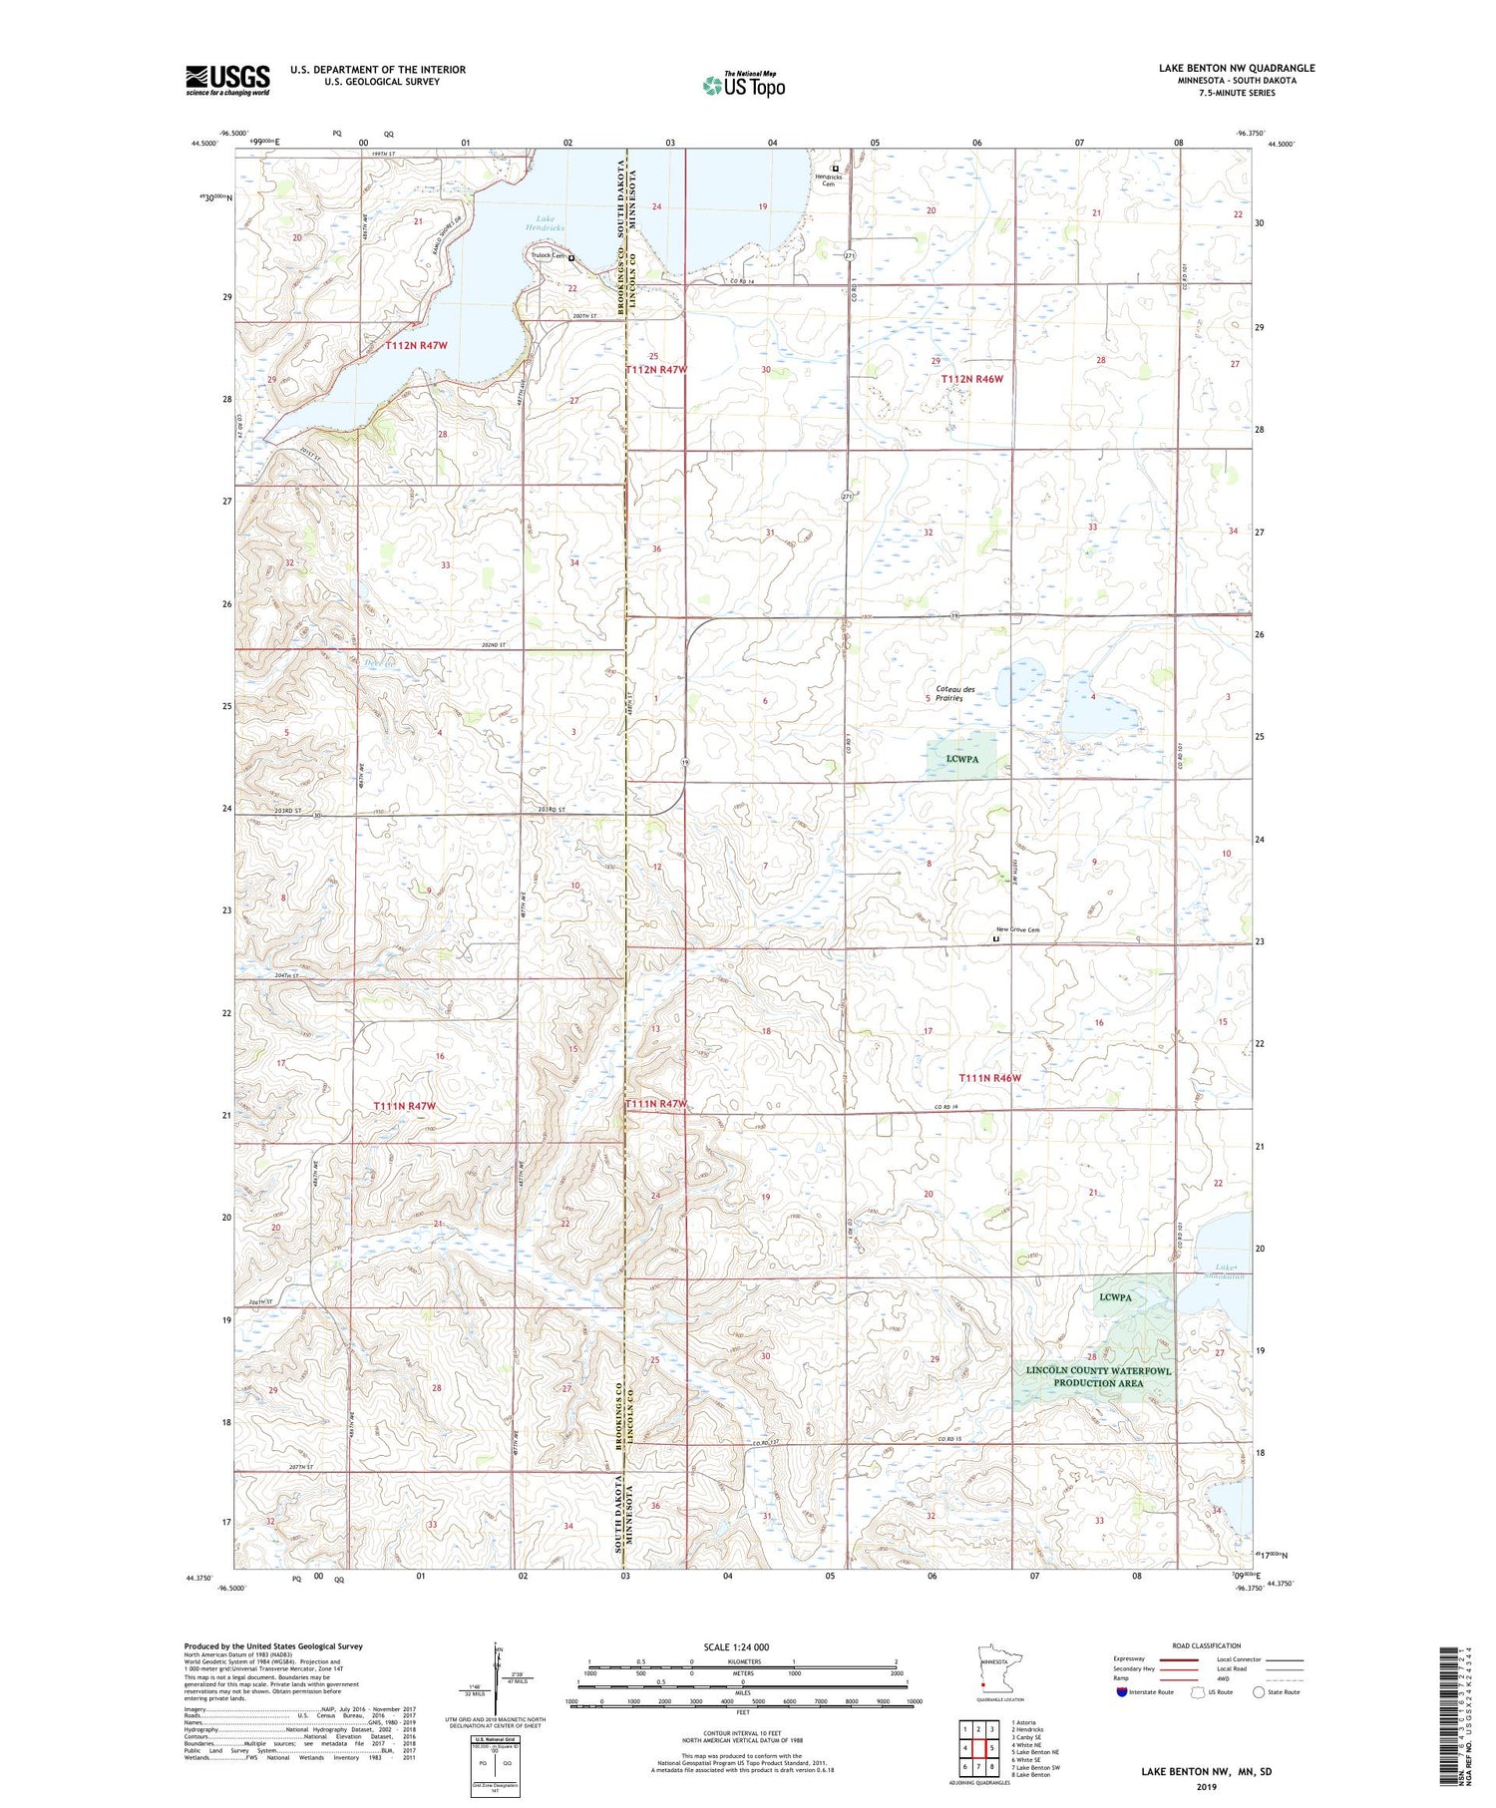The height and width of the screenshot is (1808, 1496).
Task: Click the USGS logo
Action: click(227, 80)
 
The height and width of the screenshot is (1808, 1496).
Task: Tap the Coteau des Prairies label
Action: click(955, 693)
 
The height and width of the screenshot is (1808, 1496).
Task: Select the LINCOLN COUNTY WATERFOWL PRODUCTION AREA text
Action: click(1098, 1376)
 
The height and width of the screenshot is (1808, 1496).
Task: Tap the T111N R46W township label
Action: click(989, 1077)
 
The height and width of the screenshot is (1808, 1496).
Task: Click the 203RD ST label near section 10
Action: click(551, 809)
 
